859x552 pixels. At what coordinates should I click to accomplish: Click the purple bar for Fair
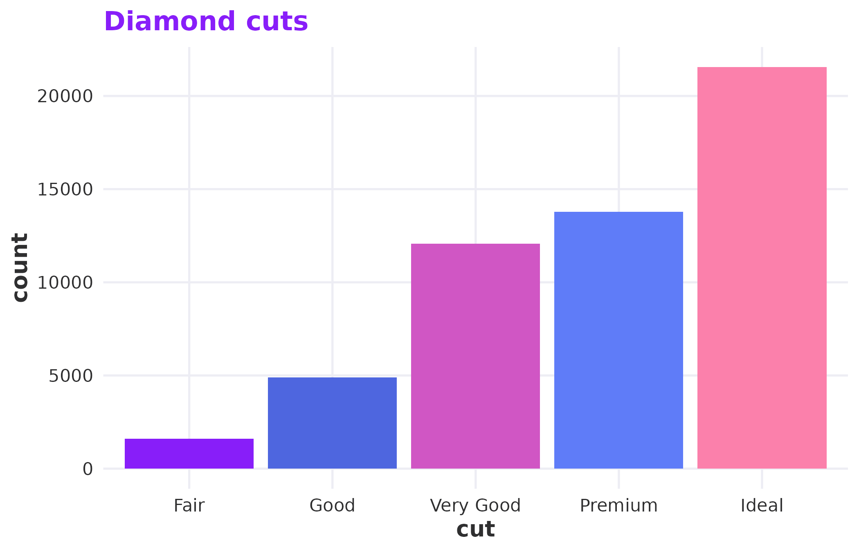pos(189,453)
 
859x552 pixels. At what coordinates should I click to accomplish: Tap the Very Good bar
pos(475,356)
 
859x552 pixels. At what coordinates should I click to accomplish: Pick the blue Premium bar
pos(618,340)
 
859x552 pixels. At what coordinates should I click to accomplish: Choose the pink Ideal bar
pos(762,267)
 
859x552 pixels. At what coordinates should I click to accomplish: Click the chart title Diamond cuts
pos(206,21)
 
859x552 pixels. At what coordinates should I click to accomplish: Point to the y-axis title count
pos(20,268)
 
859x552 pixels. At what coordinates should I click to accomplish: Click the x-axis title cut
pos(475,530)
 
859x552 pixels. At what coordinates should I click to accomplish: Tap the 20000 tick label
pos(65,96)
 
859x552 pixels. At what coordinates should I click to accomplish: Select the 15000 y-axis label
pos(65,190)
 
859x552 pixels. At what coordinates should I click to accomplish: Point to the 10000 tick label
pos(65,283)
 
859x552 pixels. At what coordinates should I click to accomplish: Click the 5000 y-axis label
pos(71,376)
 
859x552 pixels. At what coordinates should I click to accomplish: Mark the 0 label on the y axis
pos(88,469)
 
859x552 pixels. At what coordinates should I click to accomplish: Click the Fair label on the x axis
pos(189,505)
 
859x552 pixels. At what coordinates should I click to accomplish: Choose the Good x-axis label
pos(332,505)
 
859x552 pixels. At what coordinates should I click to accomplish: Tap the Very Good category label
pos(475,505)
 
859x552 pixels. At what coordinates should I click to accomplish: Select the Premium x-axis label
pos(618,505)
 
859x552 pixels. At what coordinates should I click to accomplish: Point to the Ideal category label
pos(762,505)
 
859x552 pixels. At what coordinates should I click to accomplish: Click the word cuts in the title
pos(277,21)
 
